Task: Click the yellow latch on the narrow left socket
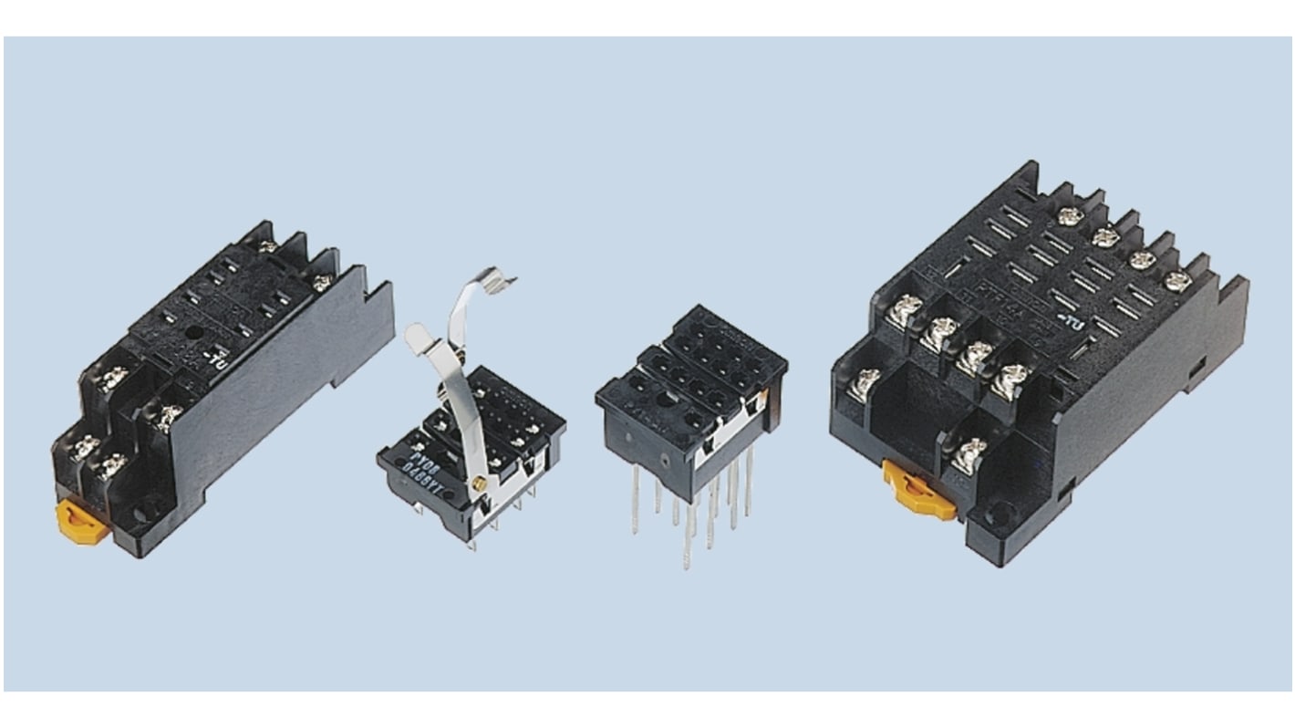click(x=76, y=519)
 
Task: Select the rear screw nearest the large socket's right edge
click(x=1176, y=280)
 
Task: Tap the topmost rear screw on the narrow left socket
click(x=268, y=246)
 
